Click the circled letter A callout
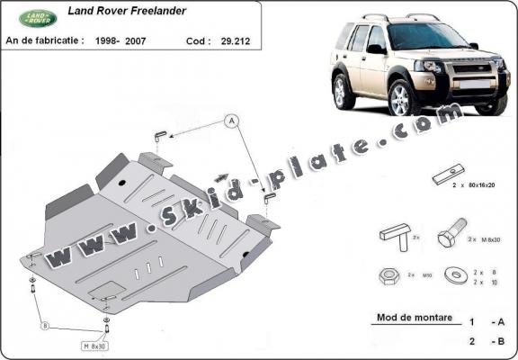(x=231, y=120)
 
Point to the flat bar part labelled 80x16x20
(x=446, y=175)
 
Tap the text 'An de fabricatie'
(x=44, y=40)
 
